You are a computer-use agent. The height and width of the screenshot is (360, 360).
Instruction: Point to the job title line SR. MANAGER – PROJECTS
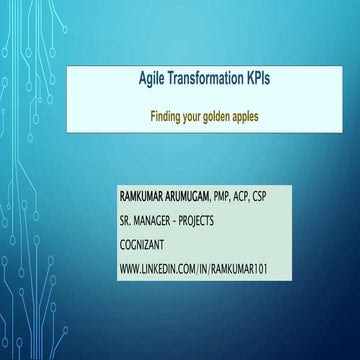pos(179,218)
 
